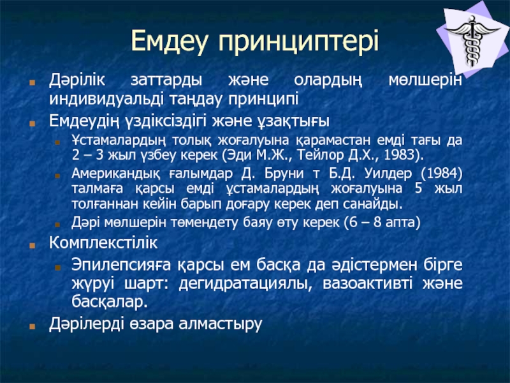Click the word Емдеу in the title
(x=169, y=41)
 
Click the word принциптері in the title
(x=298, y=41)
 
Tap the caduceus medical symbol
(x=472, y=40)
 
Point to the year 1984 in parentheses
(x=442, y=173)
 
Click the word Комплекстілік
(x=103, y=243)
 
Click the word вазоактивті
(x=368, y=283)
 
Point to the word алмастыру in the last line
(x=221, y=324)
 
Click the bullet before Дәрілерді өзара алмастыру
(x=32, y=326)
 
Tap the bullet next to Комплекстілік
(x=32, y=245)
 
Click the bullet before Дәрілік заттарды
(x=32, y=82)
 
